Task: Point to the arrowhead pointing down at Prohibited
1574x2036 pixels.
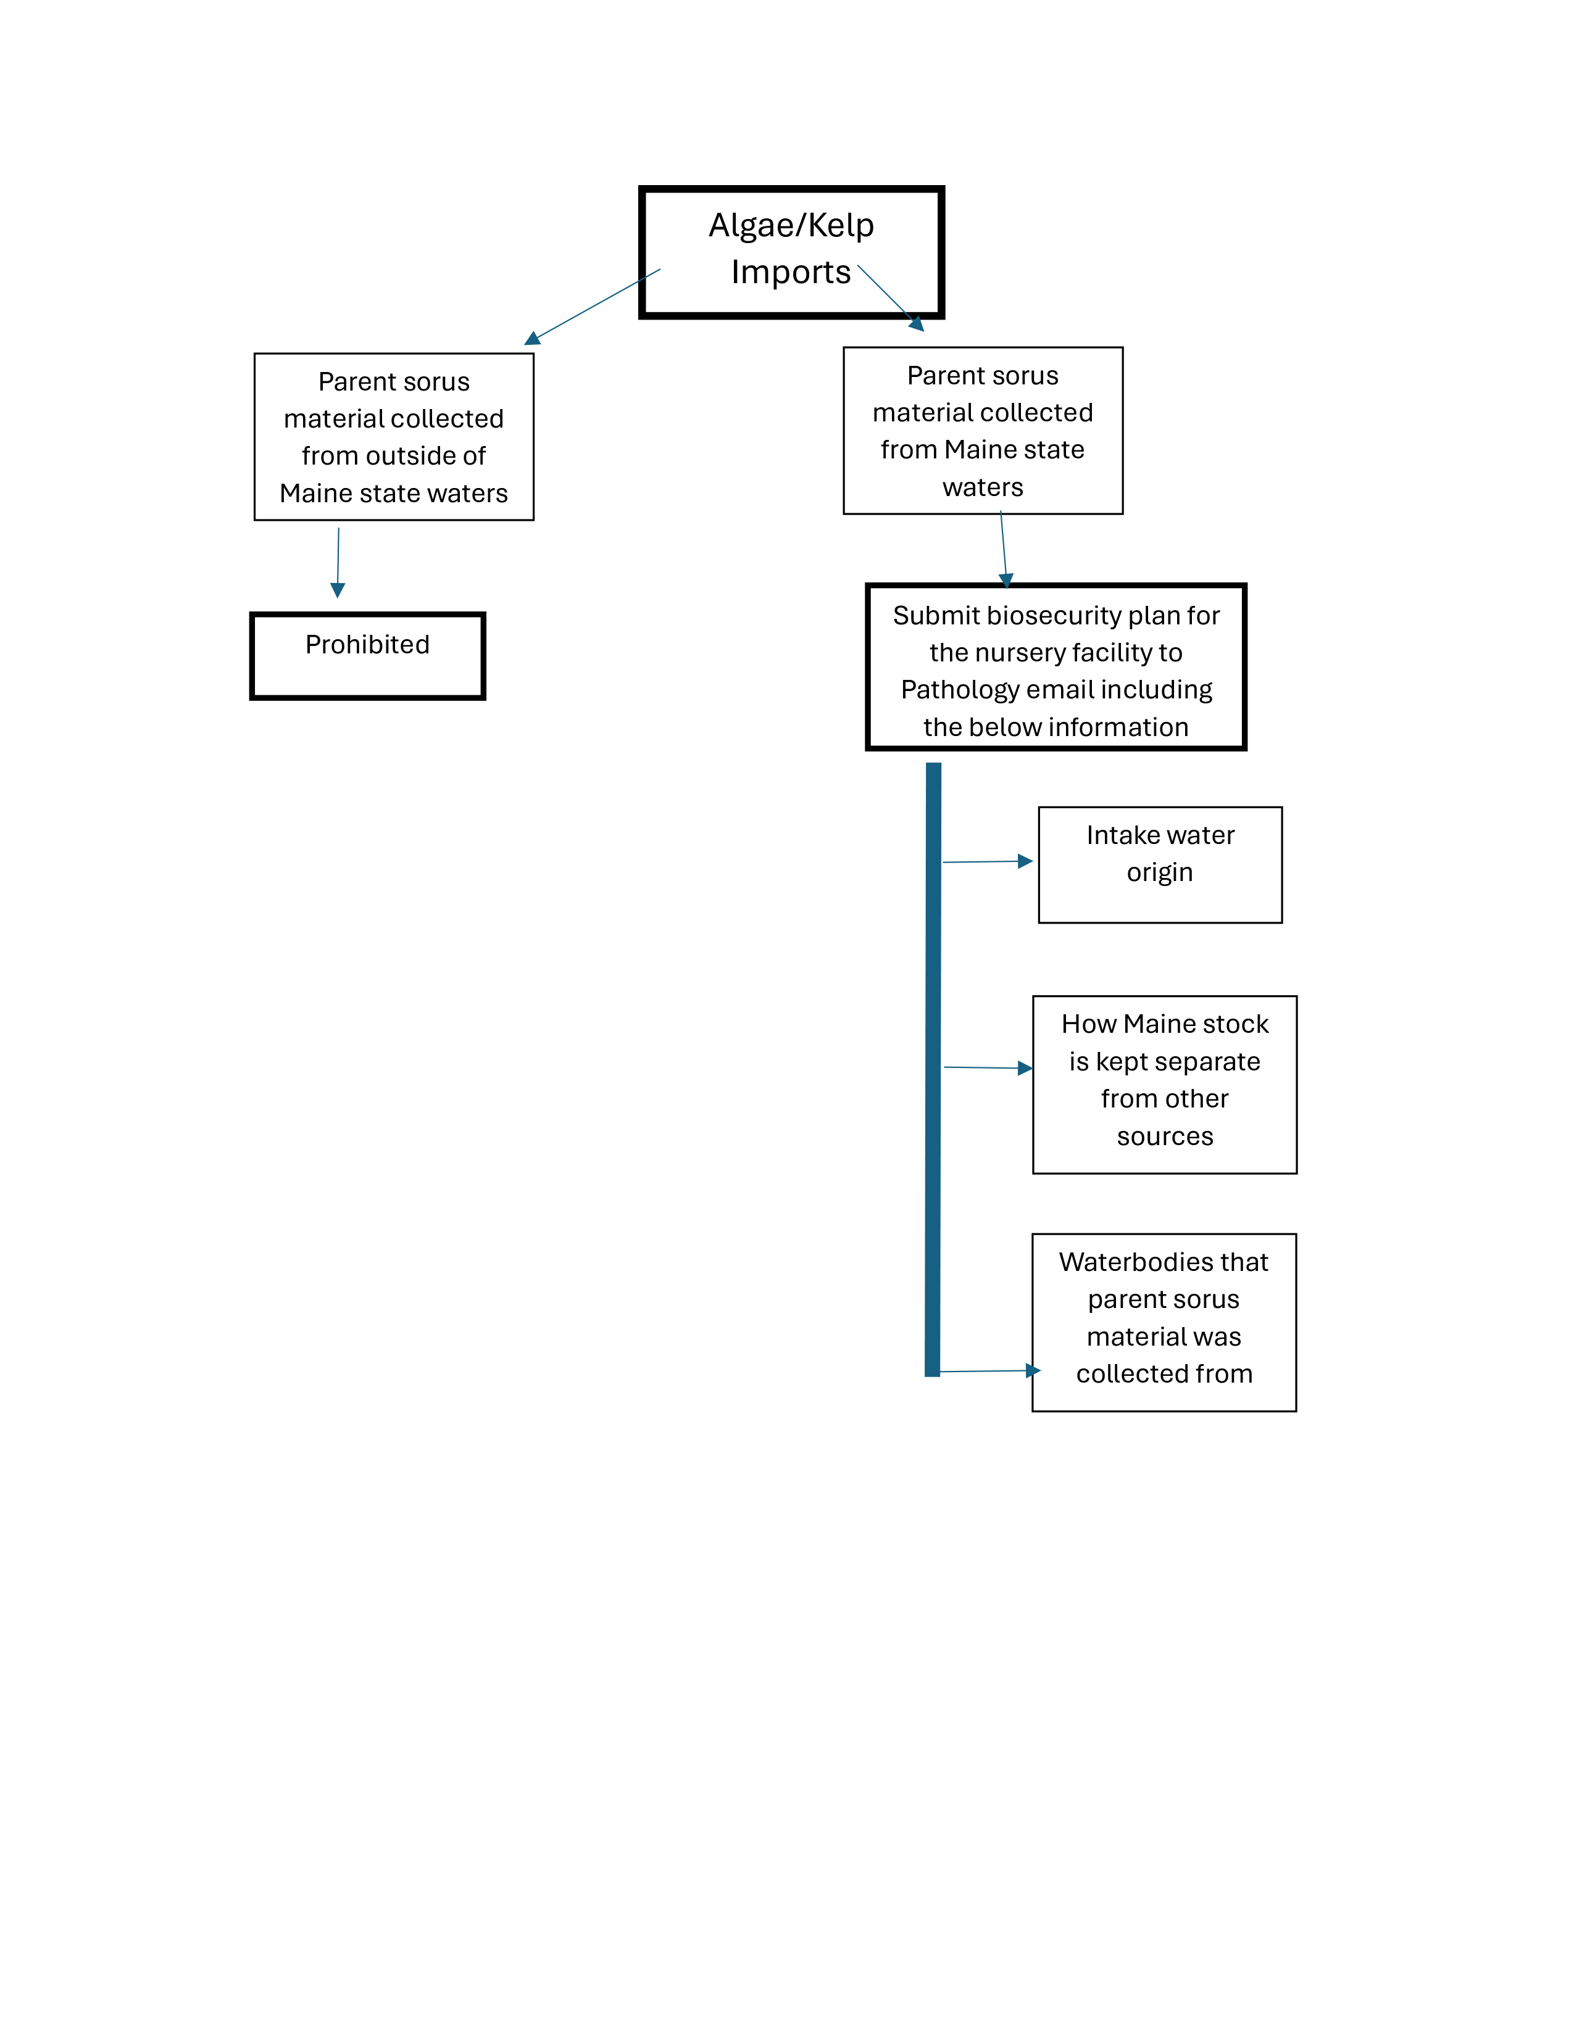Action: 338,590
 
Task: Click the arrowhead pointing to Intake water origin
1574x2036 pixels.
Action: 1025,861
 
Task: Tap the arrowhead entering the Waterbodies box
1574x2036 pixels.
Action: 1033,1370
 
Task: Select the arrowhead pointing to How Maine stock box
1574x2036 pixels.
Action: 1025,1069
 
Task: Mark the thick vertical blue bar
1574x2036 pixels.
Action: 933,1069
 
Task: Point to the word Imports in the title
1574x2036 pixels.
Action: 791,272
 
